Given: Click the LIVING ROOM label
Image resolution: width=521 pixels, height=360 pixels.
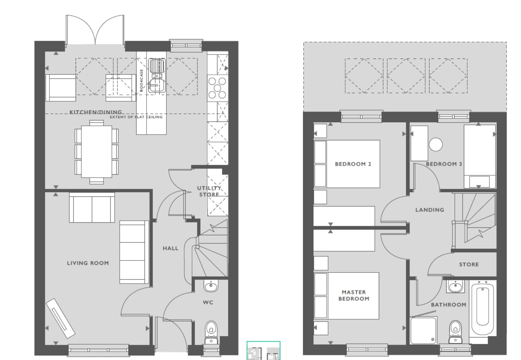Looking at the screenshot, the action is (88, 263).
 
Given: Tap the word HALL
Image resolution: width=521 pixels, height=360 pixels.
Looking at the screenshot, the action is (170, 248).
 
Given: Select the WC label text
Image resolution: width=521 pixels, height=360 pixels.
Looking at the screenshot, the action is (208, 302).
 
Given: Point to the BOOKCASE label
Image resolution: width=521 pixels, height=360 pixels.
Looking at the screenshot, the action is (142, 80).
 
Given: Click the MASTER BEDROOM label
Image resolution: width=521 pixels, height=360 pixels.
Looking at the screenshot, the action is (354, 295).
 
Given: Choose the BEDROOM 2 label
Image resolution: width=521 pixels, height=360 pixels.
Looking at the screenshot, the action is (353, 164).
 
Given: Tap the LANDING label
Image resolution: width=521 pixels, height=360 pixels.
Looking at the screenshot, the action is (430, 210).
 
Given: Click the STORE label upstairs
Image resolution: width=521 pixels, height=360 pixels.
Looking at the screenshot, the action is (469, 264).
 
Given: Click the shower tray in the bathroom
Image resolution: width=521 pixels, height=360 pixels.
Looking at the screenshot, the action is (424, 330).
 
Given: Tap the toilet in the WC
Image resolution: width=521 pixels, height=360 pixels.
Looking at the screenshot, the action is (211, 332).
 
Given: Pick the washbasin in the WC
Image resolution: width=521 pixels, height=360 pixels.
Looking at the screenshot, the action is (211, 286).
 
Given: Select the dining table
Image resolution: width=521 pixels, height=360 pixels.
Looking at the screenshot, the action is (96, 152).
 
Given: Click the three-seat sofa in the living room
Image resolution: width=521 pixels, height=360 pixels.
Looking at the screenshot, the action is (134, 252).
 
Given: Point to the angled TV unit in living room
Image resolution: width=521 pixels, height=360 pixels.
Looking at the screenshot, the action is (61, 318).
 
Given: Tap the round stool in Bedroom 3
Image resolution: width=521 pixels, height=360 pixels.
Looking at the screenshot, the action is (436, 144).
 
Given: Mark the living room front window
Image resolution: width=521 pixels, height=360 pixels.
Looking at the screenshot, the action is (98, 350).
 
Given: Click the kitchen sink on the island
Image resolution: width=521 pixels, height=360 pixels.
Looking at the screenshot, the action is (157, 75).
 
